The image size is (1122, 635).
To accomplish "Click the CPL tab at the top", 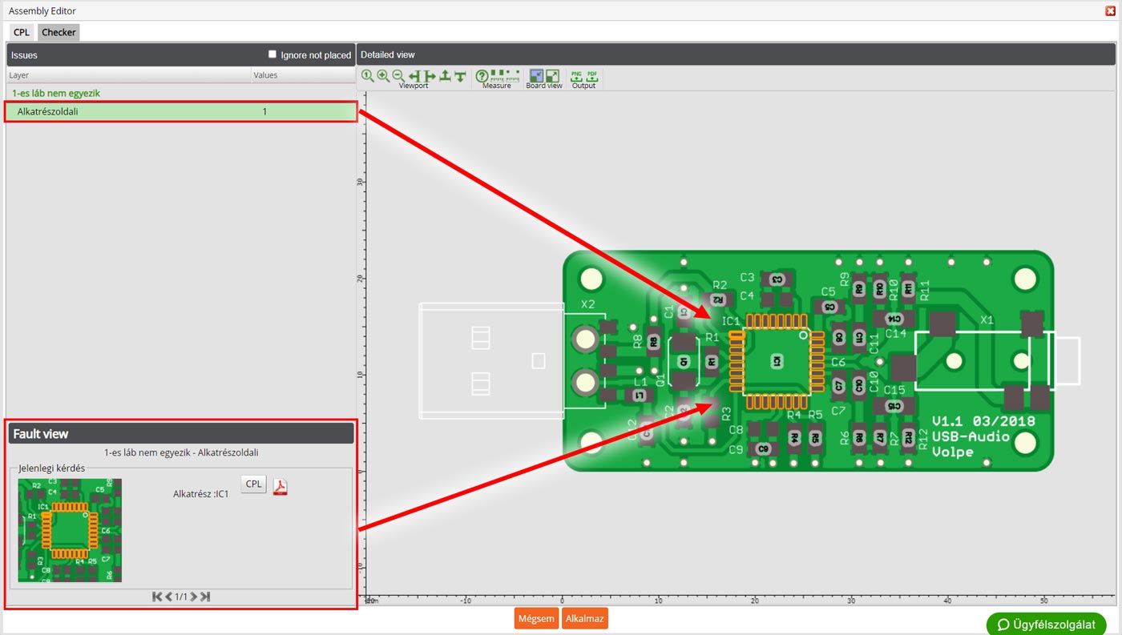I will coord(21,33).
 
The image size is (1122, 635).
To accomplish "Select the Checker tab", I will coord(59,33).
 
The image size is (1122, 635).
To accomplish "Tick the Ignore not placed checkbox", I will coord(272,54).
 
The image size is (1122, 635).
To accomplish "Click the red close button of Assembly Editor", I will coord(1110,11).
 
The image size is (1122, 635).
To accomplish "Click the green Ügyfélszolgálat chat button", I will coord(1046,624).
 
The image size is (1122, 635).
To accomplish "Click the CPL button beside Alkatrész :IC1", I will coord(253,484).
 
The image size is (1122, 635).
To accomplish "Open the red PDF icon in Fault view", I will coord(280,487).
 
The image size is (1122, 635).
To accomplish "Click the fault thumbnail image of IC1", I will coord(70,530).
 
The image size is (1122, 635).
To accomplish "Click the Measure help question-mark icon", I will coord(482,76).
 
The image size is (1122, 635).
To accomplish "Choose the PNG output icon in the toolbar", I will coord(576,76).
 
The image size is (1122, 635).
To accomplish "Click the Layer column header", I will coord(19,75).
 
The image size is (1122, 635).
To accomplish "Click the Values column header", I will coord(265,75).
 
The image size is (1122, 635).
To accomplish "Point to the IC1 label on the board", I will coord(730,321).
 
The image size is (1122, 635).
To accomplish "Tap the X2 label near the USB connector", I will coord(588,304).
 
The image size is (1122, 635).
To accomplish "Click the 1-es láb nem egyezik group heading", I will coord(56,94).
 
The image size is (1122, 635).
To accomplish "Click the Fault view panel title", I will coord(41,434).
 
